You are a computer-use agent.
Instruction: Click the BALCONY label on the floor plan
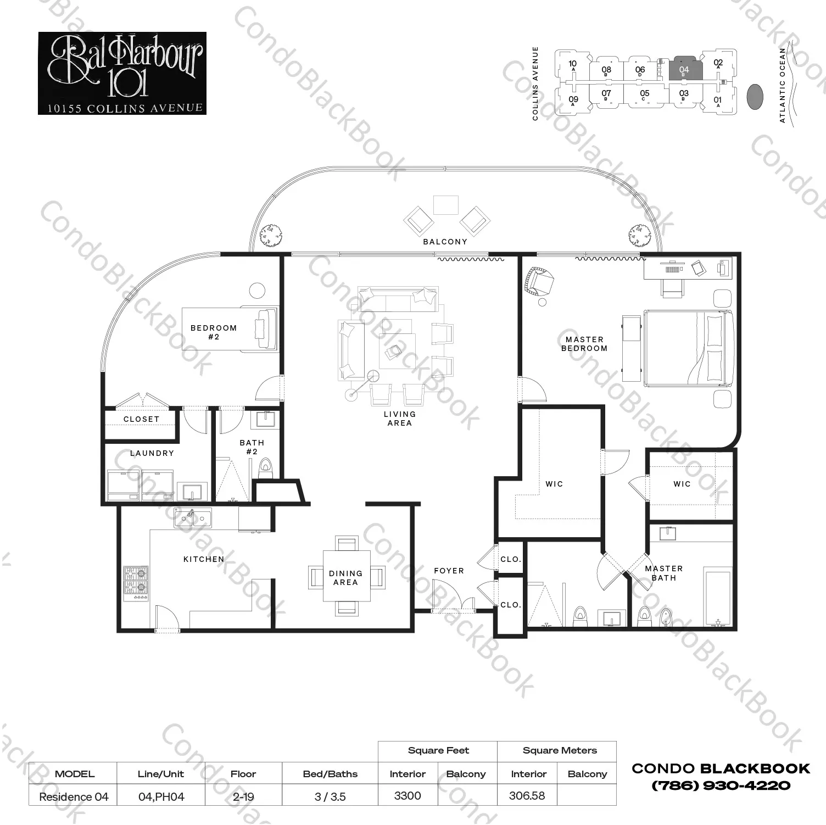coord(445,242)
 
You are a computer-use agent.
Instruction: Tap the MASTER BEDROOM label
coord(584,344)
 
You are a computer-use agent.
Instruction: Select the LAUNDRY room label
coord(152,453)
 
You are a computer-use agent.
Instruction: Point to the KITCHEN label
coord(204,559)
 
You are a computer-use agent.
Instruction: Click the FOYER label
coord(449,571)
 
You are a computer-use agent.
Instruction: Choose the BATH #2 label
coord(252,447)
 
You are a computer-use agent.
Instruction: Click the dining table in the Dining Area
coord(346,577)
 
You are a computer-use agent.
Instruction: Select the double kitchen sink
coord(193,518)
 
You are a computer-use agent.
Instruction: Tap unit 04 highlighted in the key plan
coord(685,69)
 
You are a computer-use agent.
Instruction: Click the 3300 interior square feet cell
coord(408,796)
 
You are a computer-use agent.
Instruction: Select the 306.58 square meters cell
coord(527,796)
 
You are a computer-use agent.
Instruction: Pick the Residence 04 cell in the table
coord(74,796)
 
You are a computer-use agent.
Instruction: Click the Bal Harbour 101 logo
coord(122,74)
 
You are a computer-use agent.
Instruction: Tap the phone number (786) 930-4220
coord(721,786)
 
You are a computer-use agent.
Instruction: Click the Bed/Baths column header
coord(330,774)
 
